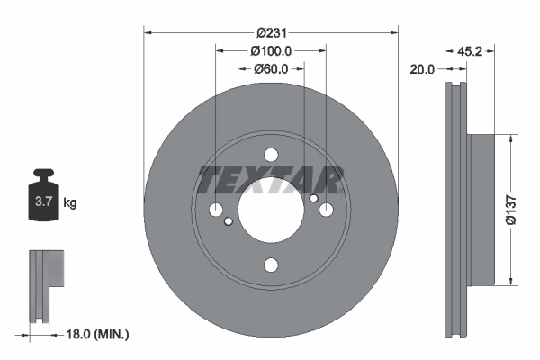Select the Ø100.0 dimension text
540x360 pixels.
pos(270,50)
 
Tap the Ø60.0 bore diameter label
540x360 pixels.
pos(270,68)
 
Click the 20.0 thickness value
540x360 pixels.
pos(422,68)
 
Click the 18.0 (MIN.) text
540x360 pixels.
pos(99,334)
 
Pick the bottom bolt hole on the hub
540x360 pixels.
pos(270,265)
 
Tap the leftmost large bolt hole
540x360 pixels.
pos(216,210)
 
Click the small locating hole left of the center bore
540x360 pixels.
pos(229,221)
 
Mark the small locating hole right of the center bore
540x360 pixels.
pos(312,199)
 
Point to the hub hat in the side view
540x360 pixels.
pos(481,209)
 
